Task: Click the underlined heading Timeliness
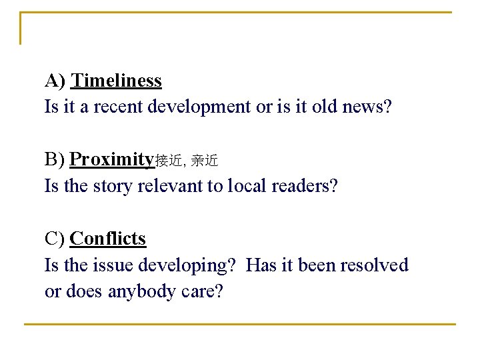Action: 116,81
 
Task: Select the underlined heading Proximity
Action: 112,159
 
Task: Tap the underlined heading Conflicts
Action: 107,238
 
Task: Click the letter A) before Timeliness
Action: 55,81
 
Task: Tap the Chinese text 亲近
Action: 204,161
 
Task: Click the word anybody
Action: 141,291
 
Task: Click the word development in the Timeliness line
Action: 201,107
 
